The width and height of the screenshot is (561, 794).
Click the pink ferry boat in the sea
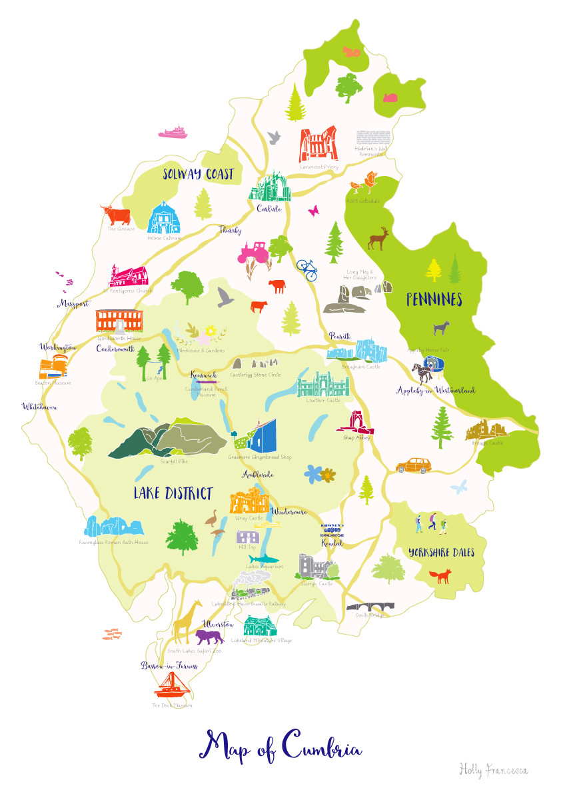click(x=175, y=132)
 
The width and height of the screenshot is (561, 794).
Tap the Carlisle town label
click(x=269, y=208)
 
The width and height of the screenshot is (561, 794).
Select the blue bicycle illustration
click(x=306, y=269)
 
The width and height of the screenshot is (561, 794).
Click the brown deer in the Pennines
click(x=380, y=237)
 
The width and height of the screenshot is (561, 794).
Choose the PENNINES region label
click(x=434, y=301)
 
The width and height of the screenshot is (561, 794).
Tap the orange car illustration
click(x=413, y=465)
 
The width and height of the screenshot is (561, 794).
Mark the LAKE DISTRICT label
click(x=173, y=494)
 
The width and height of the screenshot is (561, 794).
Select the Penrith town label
click(x=339, y=337)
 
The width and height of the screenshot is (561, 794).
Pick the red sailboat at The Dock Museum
click(x=171, y=686)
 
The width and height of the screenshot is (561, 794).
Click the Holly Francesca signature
click(x=493, y=769)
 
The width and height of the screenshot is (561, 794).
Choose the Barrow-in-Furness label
click(x=169, y=666)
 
